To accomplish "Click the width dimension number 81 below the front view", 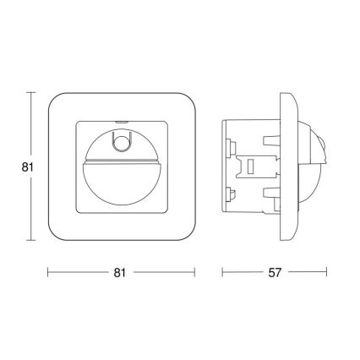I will click(x=120, y=272).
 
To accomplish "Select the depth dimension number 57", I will click(x=274, y=272).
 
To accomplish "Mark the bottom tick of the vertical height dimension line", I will click(x=32, y=241).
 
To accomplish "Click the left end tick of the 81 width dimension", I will click(x=47, y=272).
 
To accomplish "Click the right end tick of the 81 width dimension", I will click(x=194, y=272).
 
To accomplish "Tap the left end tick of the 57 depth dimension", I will click(x=223, y=272).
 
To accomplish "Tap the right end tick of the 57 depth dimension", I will click(x=326, y=272).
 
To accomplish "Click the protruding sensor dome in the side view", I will click(x=314, y=166).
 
